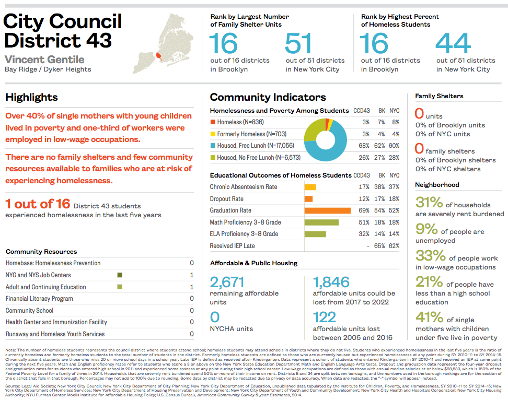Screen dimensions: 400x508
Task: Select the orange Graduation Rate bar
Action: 327,210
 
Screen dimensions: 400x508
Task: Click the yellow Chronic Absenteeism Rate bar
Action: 310,187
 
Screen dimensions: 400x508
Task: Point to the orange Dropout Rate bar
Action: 308,199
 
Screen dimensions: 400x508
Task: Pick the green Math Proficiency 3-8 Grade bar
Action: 321,222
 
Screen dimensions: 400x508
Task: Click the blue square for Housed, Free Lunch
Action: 213,146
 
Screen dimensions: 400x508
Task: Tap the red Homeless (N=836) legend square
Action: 213,122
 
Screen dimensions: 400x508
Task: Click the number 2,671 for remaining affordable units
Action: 227,283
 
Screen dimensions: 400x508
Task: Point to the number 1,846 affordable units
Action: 331,283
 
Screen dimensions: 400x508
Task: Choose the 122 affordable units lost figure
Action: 324,317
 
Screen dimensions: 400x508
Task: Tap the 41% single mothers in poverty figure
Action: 429,317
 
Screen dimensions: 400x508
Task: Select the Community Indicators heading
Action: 268,97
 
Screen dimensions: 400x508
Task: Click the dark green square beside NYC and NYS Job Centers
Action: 120,275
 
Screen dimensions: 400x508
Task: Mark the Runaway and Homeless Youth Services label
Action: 55,334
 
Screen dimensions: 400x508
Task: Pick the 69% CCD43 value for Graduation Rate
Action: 363,210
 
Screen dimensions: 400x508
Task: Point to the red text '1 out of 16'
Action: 37,204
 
